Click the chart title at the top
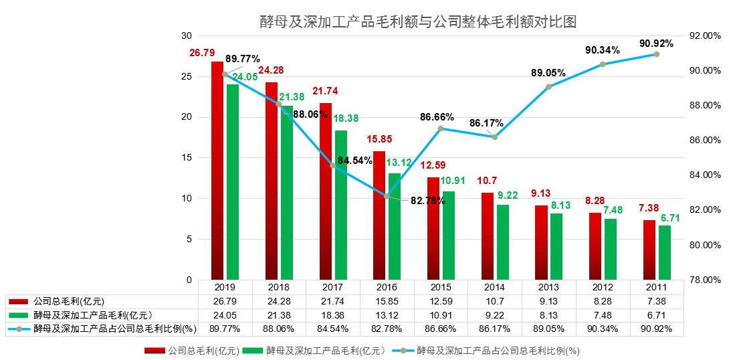(418, 21)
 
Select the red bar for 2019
(217, 171)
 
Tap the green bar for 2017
(341, 205)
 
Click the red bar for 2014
(487, 236)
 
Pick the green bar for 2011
(665, 253)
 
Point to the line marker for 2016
(387, 196)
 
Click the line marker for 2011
(656, 54)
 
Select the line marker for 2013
(548, 87)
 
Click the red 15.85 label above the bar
(380, 139)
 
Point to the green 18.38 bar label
(346, 118)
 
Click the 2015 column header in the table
(441, 287)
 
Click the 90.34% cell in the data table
(603, 329)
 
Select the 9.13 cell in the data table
(548, 300)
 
